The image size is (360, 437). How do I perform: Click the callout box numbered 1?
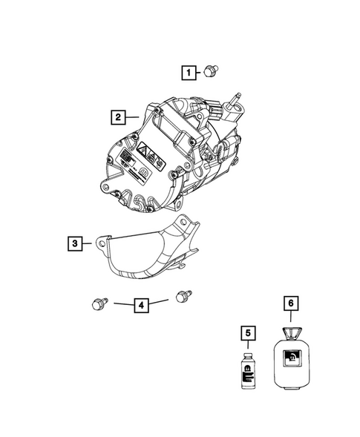[191, 72]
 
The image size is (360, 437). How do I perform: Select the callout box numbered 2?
[117, 116]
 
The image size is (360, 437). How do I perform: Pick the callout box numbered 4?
[139, 303]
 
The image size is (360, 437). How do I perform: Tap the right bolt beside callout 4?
[180, 297]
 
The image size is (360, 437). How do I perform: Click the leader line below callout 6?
[291, 318]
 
